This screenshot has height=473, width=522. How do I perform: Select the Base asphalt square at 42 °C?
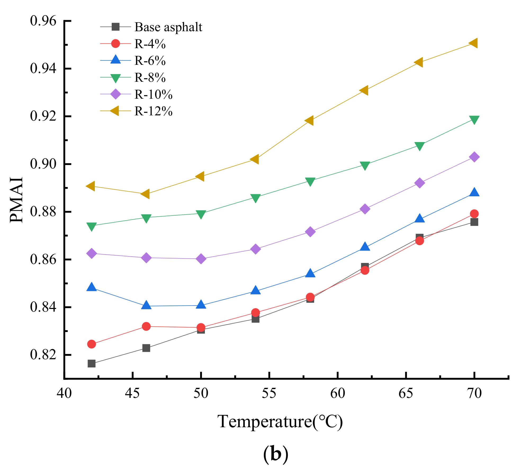click(x=92, y=363)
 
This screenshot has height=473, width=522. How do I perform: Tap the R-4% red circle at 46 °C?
click(x=146, y=326)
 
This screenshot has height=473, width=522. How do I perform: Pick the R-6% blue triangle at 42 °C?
click(x=92, y=287)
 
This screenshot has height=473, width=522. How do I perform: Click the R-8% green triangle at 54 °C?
click(x=255, y=198)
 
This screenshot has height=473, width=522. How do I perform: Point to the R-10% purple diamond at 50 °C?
click(x=201, y=258)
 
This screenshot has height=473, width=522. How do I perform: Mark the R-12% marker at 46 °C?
click(x=145, y=194)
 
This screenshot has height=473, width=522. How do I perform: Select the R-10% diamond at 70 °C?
click(x=474, y=157)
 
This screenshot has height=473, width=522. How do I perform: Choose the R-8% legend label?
click(x=150, y=78)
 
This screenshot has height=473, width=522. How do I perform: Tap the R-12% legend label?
click(x=154, y=111)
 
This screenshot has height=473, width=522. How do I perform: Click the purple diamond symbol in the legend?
click(x=116, y=94)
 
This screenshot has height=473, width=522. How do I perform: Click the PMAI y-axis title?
click(x=16, y=200)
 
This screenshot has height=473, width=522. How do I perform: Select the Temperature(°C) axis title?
click(x=280, y=421)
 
